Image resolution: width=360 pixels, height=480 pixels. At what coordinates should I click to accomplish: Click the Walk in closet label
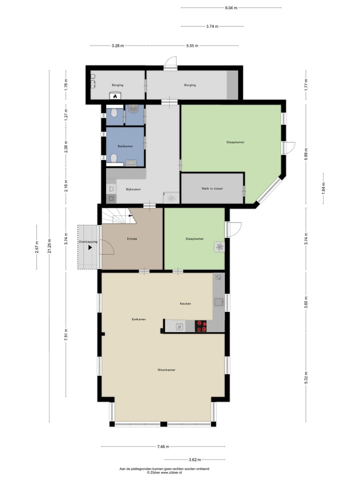pyautogui.click(x=212, y=188)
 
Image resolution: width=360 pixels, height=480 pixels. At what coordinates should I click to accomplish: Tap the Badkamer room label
pyautogui.click(x=124, y=146)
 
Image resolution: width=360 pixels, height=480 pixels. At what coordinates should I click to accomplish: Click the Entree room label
pyautogui.click(x=132, y=239)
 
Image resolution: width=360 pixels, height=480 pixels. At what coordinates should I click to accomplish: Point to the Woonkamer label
pyautogui.click(x=166, y=370)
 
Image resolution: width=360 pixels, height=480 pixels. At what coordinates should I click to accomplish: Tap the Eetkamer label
pyautogui.click(x=138, y=318)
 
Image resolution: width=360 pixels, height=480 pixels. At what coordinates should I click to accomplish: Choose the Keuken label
pyautogui.click(x=185, y=303)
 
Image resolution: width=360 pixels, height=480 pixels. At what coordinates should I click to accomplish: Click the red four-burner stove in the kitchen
pyautogui.click(x=201, y=326)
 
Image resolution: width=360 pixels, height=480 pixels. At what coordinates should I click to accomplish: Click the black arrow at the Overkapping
pyautogui.click(x=90, y=247)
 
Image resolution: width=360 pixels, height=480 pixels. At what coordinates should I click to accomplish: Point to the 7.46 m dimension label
pyautogui.click(x=162, y=446)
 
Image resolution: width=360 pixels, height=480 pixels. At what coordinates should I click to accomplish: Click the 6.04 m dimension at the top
pyautogui.click(x=230, y=8)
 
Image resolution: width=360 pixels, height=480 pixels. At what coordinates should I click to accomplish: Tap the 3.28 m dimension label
pyautogui.click(x=117, y=46)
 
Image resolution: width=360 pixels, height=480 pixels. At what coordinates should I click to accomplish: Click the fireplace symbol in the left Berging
pyautogui.click(x=115, y=96)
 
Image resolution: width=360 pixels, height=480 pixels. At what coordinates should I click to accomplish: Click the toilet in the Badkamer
pyautogui.click(x=114, y=158)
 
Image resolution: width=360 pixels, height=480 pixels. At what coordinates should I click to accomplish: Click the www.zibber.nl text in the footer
pyautogui.click(x=171, y=472)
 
